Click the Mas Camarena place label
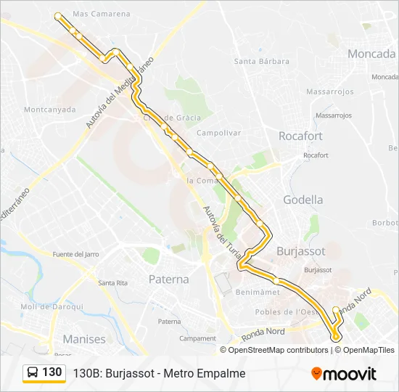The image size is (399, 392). click(x=102, y=14)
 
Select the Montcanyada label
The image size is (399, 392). click(x=49, y=110)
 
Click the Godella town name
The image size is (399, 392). click(x=303, y=200)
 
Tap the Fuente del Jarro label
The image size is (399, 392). click(x=75, y=254)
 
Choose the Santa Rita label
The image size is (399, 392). click(x=112, y=282)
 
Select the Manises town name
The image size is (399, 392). click(x=84, y=339)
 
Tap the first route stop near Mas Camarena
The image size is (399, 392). click(x=58, y=15)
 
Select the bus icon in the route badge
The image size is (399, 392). click(x=33, y=372)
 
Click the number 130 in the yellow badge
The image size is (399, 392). click(x=52, y=372)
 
